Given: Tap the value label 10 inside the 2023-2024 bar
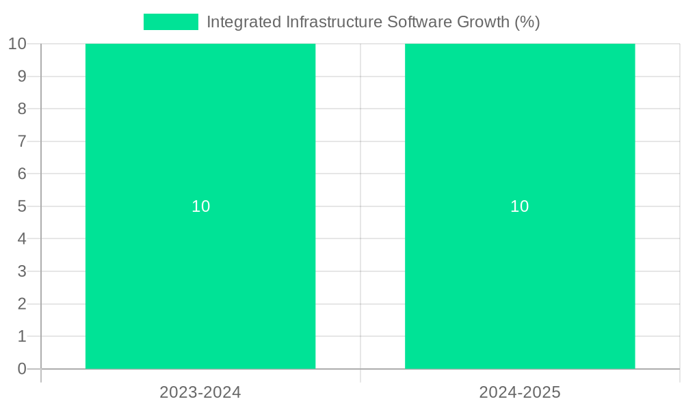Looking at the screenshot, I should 200,206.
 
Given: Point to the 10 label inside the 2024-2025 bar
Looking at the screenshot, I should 520,206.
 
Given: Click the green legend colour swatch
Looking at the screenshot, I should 170,22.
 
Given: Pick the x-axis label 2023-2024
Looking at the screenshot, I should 200,393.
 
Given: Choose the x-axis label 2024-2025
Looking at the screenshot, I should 520,393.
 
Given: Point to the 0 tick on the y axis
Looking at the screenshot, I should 22,369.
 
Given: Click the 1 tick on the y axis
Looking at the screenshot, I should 22,336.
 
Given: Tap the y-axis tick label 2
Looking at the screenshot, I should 22,304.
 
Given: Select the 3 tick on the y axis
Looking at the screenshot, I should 22,271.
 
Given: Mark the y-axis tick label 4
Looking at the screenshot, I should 22,239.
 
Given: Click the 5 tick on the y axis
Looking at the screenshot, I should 22,206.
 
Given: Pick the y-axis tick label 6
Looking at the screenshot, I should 22,174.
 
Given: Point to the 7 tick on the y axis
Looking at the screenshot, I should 22,141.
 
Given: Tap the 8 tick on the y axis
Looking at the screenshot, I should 22,109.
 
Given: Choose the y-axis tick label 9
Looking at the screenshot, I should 22,77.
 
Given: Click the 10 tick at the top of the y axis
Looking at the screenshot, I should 18,44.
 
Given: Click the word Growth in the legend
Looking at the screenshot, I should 482,22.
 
